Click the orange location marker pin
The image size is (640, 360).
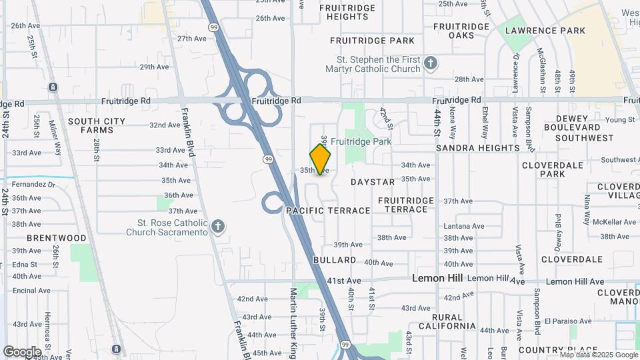(x=321, y=159)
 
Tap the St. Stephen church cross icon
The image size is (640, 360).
(x=431, y=63)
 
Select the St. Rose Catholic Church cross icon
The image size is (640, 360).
(x=217, y=227)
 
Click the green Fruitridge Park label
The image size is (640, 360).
(x=361, y=141)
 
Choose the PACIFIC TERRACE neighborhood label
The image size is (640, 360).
(x=328, y=210)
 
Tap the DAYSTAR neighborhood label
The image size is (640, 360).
(x=373, y=181)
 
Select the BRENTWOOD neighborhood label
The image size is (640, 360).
(x=57, y=237)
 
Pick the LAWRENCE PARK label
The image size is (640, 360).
(x=545, y=31)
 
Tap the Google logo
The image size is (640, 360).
(x=22, y=351)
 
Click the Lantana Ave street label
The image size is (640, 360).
(x=464, y=226)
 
